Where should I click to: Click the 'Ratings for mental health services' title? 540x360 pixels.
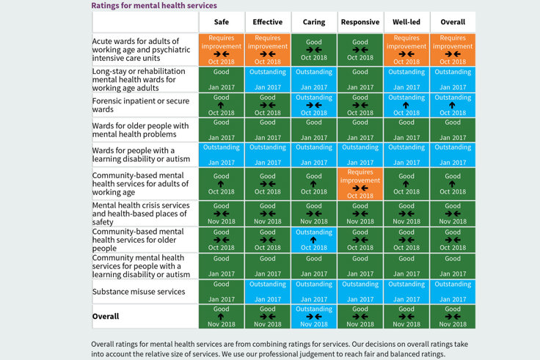(x=153, y=5)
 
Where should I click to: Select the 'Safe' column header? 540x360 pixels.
(x=221, y=22)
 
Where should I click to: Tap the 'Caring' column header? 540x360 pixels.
(x=313, y=22)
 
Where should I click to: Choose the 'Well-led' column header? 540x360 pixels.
(x=406, y=22)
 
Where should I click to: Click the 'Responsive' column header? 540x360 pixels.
(x=360, y=22)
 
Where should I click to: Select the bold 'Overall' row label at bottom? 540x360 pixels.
(x=106, y=317)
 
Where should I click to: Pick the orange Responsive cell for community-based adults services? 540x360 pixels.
(x=360, y=183)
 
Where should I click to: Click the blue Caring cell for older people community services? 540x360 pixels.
(x=313, y=239)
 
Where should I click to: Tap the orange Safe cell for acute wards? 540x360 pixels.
(x=221, y=49)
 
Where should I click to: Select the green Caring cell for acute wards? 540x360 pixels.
(x=313, y=49)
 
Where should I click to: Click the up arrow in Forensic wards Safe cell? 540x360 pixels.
(x=221, y=105)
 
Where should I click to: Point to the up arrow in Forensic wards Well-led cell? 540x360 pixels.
(x=406, y=105)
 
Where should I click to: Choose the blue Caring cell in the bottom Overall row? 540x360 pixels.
(x=313, y=317)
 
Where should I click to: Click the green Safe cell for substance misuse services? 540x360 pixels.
(x=221, y=291)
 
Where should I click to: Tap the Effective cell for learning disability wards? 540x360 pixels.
(x=267, y=154)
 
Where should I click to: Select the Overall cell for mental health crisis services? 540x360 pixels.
(x=452, y=213)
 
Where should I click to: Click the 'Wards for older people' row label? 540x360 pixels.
(x=140, y=130)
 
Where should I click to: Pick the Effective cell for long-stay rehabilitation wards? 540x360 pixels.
(x=267, y=79)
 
